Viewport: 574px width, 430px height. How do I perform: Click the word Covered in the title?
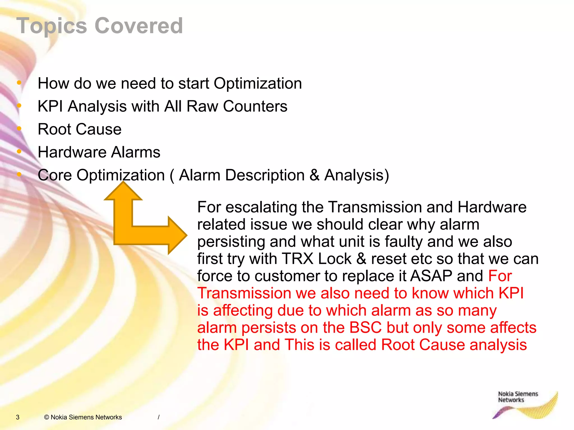tap(139, 26)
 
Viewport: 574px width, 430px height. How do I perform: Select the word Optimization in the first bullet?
tap(258, 83)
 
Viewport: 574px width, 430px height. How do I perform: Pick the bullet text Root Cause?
tap(80, 129)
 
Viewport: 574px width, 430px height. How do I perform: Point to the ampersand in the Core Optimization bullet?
tap(315, 175)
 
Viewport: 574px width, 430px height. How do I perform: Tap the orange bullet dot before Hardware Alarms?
tap(19, 151)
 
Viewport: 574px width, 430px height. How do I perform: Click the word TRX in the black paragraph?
tap(297, 259)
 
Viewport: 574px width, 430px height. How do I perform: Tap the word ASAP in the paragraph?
tap(431, 276)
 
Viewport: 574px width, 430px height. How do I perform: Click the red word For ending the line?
tap(500, 276)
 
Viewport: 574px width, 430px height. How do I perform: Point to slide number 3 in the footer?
tap(18, 417)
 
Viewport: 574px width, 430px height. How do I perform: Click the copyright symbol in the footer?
tap(47, 417)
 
